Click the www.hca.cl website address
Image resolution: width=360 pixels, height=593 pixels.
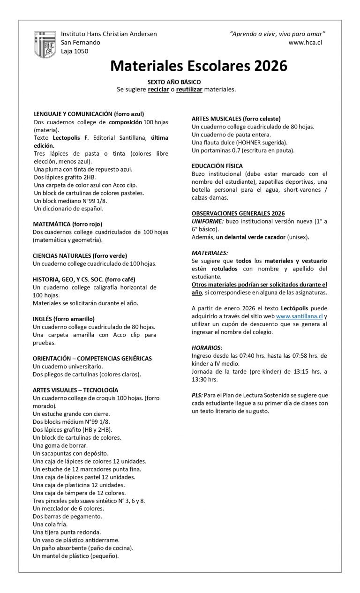click(305, 43)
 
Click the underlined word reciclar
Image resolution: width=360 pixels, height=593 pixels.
click(158, 89)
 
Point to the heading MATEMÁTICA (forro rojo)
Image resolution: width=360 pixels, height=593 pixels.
click(67, 224)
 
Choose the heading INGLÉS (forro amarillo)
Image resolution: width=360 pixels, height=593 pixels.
click(64, 319)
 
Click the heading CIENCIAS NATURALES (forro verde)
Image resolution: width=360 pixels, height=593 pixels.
click(80, 256)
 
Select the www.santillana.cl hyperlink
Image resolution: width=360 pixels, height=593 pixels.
click(299, 316)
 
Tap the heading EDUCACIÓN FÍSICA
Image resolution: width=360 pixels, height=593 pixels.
click(216, 165)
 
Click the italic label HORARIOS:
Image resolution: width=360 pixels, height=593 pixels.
click(207, 348)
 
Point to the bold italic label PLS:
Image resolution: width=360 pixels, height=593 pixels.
click(197, 395)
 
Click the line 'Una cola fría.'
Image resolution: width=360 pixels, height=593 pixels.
click(50, 524)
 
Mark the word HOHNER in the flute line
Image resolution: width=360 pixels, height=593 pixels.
click(251, 142)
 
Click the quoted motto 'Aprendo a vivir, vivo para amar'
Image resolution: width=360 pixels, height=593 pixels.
click(277, 34)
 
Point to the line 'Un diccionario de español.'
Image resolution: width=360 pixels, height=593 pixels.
click(68, 209)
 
